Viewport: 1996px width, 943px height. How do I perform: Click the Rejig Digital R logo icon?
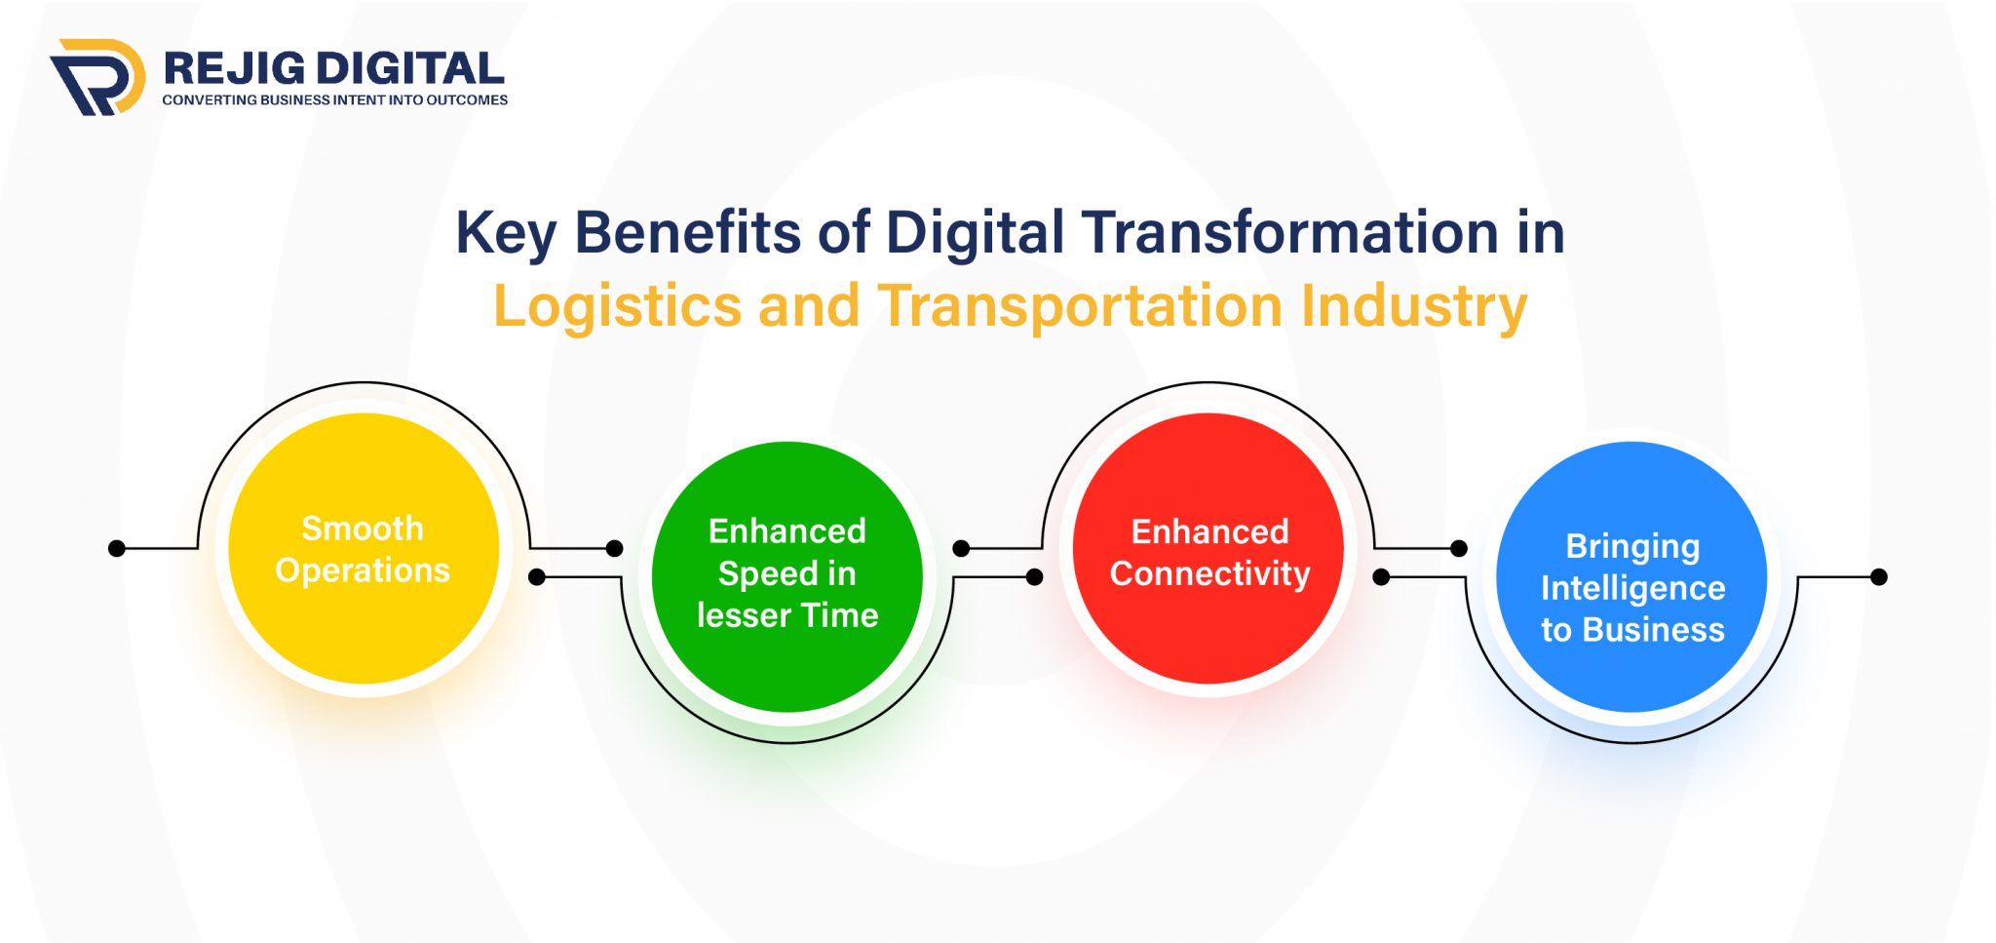(x=97, y=77)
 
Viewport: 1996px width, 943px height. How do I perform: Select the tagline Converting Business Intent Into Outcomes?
(x=334, y=99)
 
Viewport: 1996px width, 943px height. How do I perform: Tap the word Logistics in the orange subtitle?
(x=617, y=306)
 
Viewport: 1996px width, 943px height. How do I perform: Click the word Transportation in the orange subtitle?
(x=1080, y=306)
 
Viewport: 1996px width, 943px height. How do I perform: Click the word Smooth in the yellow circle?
(x=363, y=528)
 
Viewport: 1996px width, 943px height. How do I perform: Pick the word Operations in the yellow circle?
(x=363, y=570)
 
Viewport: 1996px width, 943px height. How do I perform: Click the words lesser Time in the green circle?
(x=787, y=615)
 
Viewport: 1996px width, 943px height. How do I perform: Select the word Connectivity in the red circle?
(x=1209, y=573)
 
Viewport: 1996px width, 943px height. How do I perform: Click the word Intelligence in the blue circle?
(x=1632, y=588)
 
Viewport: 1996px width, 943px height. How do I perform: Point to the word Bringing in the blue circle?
(x=1632, y=546)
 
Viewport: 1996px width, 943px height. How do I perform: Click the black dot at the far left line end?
(x=117, y=549)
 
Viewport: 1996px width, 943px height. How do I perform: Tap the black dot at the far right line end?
(x=1879, y=577)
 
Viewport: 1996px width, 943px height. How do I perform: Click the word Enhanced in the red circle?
(x=1209, y=531)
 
